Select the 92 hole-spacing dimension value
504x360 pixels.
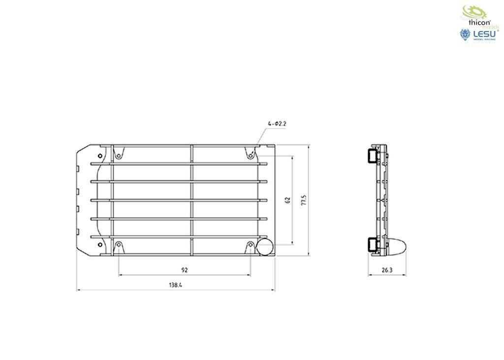pyautogui.click(x=185, y=270)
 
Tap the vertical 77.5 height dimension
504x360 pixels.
pyautogui.click(x=304, y=200)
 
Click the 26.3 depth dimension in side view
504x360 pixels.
pyautogui.click(x=387, y=270)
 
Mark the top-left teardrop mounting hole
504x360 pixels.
pyautogui.click(x=119, y=156)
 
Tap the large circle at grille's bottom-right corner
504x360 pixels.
pyautogui.click(x=266, y=248)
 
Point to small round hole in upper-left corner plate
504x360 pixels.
pyautogui.click(x=100, y=156)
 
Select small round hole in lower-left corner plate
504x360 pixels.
pyautogui.click(x=100, y=245)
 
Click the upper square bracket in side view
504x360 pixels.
pyautogui.click(x=371, y=155)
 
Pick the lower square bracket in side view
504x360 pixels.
pyautogui.click(x=371, y=244)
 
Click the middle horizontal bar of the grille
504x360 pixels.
pyautogui.click(x=180, y=200)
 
